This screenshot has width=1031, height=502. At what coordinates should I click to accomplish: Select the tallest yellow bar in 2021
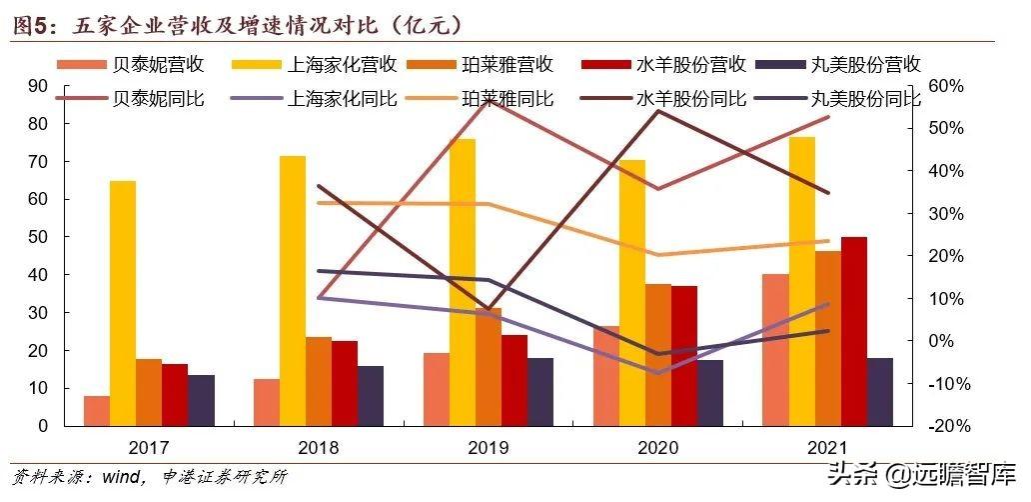click(801, 281)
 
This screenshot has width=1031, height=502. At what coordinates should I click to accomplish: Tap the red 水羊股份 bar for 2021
click(854, 331)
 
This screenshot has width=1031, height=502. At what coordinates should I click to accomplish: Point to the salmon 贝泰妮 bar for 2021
click(775, 350)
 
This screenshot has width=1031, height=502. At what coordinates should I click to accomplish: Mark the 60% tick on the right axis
click(945, 86)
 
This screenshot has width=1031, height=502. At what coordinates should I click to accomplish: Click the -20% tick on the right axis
click(945, 426)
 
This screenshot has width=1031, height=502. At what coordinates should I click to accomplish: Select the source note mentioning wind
click(150, 477)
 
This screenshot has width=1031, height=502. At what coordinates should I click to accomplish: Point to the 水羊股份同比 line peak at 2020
click(657, 110)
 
